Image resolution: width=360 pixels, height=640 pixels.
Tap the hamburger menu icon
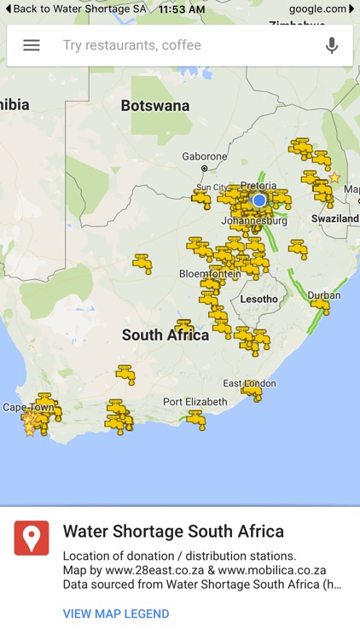point(32,45)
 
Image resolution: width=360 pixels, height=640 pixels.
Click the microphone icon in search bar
point(332,45)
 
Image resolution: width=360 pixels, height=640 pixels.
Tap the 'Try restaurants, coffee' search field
point(171,45)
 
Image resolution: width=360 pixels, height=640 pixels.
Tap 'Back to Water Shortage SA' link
point(74,9)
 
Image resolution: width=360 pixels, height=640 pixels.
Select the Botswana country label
point(155,106)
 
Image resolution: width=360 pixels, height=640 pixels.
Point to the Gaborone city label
point(204,157)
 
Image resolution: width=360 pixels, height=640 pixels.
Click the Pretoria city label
point(258,185)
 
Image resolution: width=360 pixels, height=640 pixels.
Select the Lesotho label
point(258,299)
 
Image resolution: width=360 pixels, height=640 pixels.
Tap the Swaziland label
point(335,218)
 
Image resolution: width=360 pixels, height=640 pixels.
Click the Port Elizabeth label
point(195,401)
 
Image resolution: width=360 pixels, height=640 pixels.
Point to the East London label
point(249,383)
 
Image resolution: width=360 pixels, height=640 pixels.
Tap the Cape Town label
point(28,407)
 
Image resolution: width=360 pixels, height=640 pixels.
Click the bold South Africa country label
point(165,335)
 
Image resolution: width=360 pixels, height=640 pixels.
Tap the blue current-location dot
point(259,200)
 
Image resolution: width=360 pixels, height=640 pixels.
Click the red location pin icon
point(32,538)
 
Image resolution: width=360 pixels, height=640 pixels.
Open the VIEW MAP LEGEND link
point(116,614)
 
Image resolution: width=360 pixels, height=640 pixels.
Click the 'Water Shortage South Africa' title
point(173,532)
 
